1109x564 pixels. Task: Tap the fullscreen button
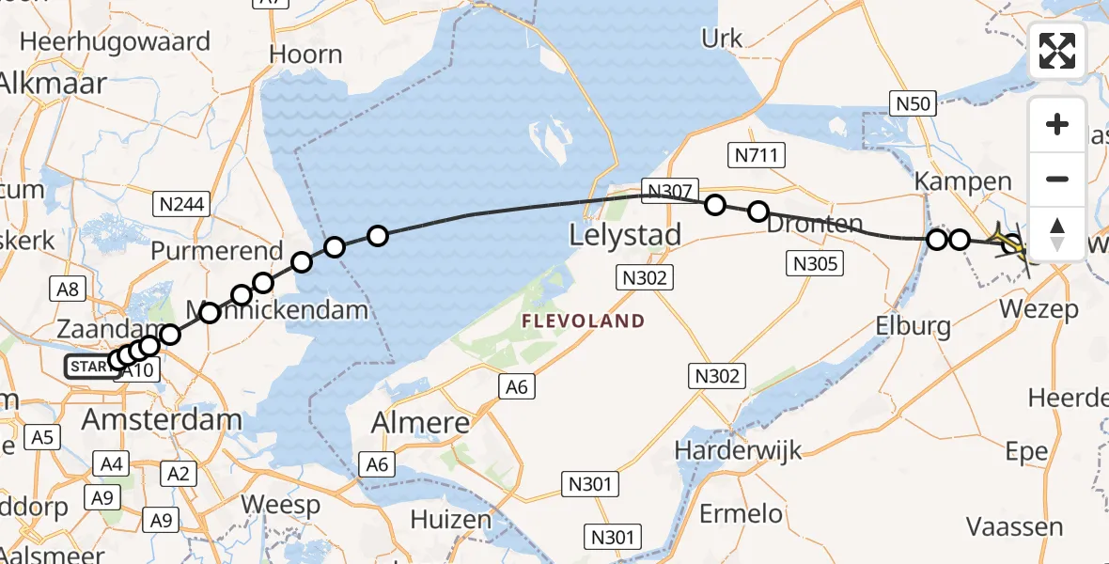pyautogui.click(x=1057, y=52)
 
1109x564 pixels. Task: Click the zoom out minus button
pyautogui.click(x=1057, y=179)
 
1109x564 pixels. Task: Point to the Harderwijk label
pyautogui.click(x=739, y=449)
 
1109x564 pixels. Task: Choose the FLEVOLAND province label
pyautogui.click(x=584, y=321)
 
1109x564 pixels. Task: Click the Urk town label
pyautogui.click(x=722, y=39)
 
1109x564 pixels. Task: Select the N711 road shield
pyautogui.click(x=757, y=155)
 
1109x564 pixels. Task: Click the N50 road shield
pyautogui.click(x=914, y=102)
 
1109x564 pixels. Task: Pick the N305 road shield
pyautogui.click(x=815, y=264)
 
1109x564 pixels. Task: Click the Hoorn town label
pyautogui.click(x=305, y=55)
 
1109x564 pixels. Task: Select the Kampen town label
pyautogui.click(x=951, y=181)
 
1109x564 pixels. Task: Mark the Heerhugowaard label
pyautogui.click(x=115, y=42)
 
